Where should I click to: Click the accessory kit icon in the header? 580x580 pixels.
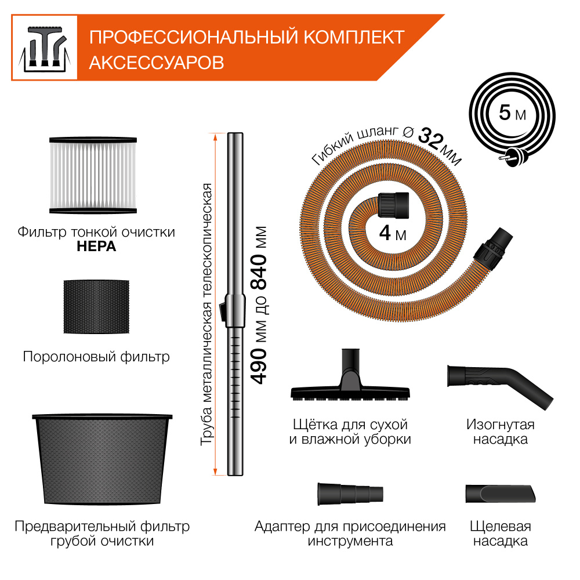pos(45,48)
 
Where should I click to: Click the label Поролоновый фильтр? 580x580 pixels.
pos(96,356)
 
